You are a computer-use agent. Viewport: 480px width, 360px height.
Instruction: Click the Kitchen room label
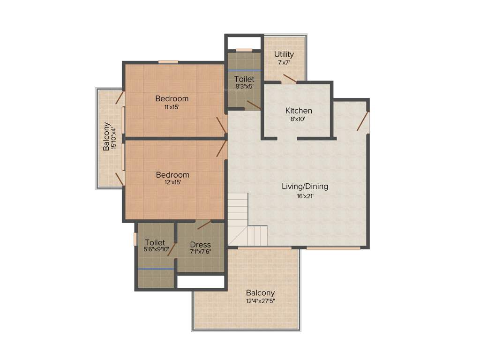click(299, 111)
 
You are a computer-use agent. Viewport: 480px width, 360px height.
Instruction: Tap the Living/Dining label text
click(305, 186)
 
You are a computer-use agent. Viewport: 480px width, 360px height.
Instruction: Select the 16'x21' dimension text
click(305, 196)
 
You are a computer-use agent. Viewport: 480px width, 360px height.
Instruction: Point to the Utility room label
click(284, 54)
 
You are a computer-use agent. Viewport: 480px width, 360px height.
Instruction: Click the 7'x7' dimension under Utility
click(284, 63)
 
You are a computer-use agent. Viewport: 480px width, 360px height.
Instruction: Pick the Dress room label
click(200, 245)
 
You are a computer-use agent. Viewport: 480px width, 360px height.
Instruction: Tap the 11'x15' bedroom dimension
click(172, 107)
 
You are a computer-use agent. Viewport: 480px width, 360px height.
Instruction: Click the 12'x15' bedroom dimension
click(172, 183)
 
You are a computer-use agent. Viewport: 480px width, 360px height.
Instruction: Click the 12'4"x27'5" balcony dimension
click(260, 301)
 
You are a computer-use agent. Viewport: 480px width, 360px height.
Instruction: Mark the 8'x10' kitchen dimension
click(298, 120)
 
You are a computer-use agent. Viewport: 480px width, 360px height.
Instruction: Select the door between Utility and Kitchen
click(289, 79)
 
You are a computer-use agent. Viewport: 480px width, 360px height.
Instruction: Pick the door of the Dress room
click(204, 225)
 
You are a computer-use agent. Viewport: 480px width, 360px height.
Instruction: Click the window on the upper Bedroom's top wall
click(168, 62)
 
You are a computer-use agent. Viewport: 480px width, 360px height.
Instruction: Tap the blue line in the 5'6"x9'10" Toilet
click(156, 269)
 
